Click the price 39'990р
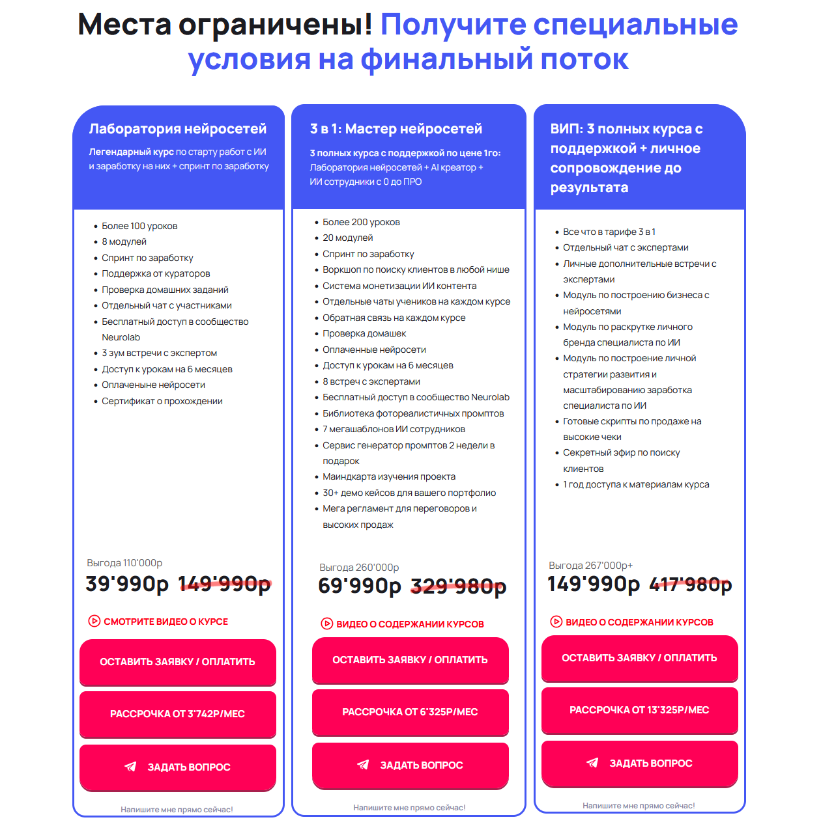coord(127,584)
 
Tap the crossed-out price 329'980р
coord(458,586)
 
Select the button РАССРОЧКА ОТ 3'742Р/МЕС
coord(177,714)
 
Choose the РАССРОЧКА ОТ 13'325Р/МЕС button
coord(639,710)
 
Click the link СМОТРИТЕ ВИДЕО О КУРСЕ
coord(166,622)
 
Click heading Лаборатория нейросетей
coord(178,129)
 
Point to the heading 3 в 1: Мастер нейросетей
coord(396,129)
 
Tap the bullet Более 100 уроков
coord(139,226)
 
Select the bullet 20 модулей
coord(348,238)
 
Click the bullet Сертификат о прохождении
coord(162,401)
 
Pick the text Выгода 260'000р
coord(359,568)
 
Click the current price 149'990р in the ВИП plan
coord(594,584)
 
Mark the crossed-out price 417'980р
coord(691,584)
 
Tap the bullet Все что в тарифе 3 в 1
coord(609,232)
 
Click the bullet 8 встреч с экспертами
coord(371,381)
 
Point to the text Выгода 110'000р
coord(124,563)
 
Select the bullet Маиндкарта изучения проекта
coord(389,477)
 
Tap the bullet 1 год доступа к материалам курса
coord(636,484)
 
